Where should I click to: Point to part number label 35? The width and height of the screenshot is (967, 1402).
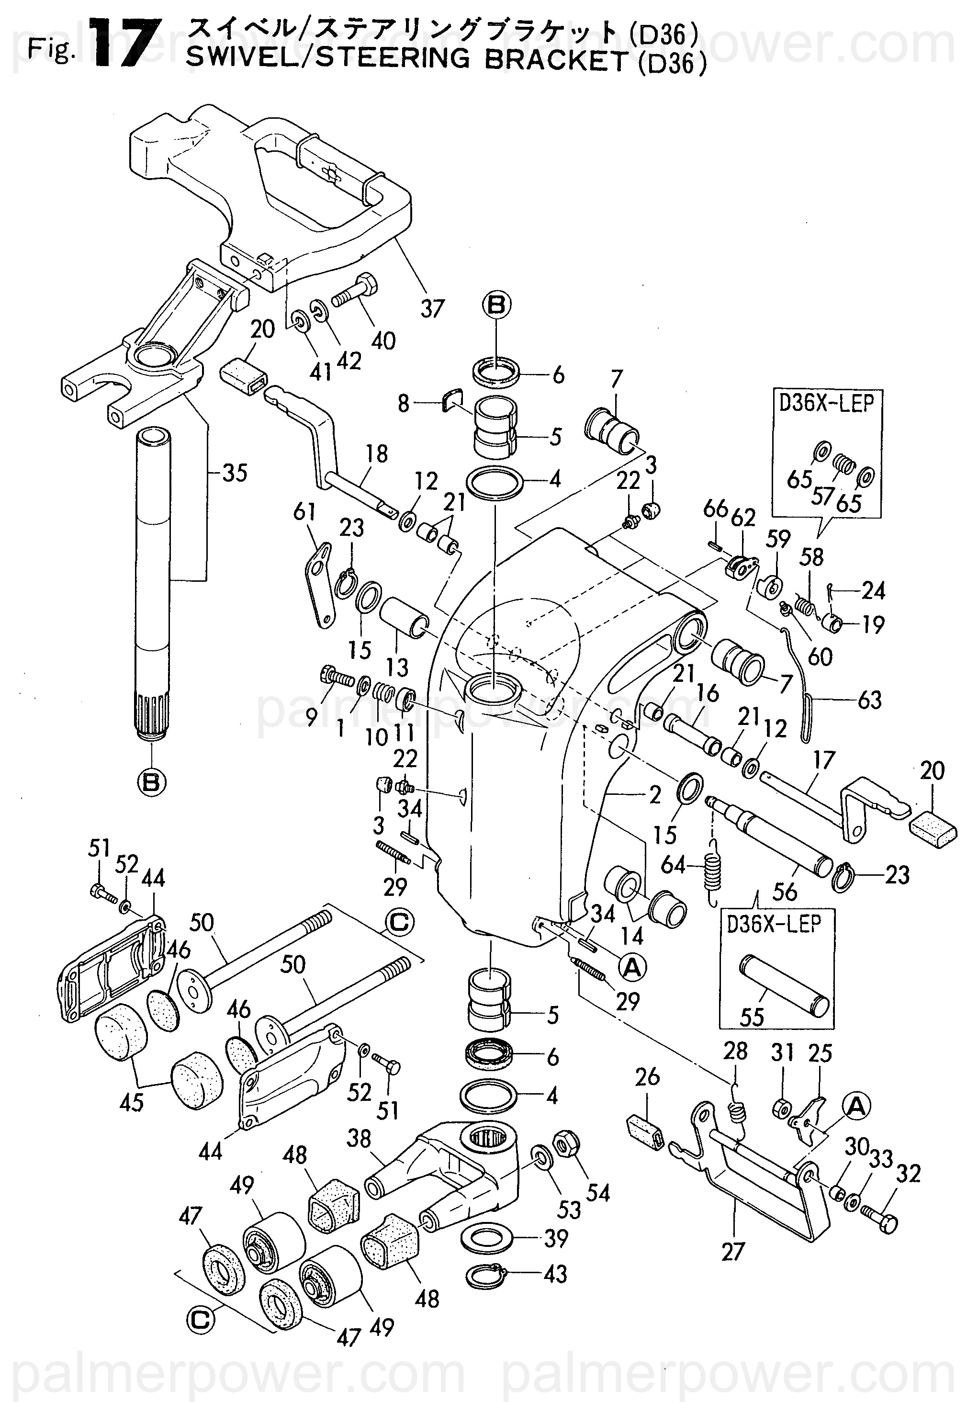[235, 473]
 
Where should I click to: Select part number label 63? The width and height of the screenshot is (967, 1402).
[869, 701]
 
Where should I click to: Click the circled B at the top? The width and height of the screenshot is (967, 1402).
[496, 305]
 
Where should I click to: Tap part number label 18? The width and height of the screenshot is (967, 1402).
[376, 454]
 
